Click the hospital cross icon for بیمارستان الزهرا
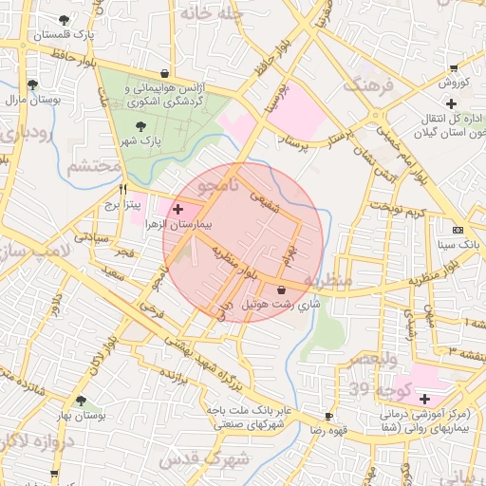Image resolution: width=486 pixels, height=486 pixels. coord(178,207)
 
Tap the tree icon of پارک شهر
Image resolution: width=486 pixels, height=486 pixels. coord(141,126)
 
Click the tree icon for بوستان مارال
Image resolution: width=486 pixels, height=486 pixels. coord(33,84)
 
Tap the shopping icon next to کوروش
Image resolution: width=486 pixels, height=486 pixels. coord(454,68)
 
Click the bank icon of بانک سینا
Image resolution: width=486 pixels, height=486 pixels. coord(458,231)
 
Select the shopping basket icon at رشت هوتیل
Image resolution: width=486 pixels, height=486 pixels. coord(281,290)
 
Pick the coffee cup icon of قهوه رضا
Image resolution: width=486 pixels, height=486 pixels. coord(328,417)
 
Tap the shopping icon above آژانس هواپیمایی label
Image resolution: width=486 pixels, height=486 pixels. coord(165,73)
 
